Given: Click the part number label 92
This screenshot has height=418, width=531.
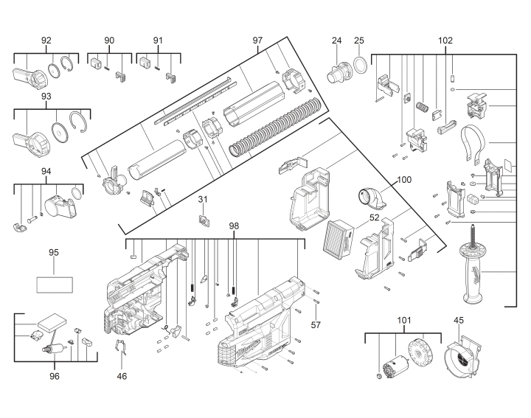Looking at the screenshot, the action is (46, 41).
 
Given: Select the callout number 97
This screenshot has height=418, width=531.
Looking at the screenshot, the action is (257, 41).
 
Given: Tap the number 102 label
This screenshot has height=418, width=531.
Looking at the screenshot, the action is (445, 41).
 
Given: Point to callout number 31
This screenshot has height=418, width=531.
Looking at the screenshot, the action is (203, 199).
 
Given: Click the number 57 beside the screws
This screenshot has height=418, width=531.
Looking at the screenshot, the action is (316, 325).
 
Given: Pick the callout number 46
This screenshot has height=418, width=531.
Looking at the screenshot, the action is (122, 376).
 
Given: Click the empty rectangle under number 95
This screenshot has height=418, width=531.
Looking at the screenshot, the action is (55, 285).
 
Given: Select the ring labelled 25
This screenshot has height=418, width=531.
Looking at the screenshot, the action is (361, 65).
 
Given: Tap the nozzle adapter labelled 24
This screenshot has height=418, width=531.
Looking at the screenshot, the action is (339, 72).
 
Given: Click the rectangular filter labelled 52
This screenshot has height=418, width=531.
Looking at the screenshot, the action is (339, 237).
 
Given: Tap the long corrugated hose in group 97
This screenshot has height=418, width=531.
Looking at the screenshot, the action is (274, 127).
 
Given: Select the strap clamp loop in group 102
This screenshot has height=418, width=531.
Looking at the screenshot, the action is (473, 143).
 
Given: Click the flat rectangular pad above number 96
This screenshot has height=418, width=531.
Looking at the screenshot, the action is (52, 323).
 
